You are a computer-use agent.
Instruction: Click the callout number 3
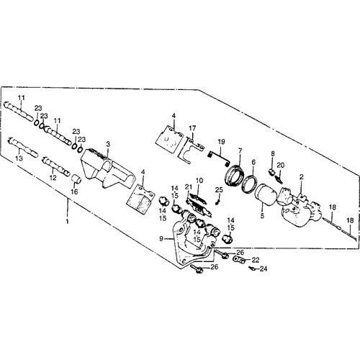pyautogui.click(x=108, y=144)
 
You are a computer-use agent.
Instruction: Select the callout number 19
pyautogui.click(x=221, y=142)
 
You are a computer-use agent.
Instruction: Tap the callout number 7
pyautogui.click(x=240, y=150)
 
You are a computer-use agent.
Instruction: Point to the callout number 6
pyautogui.click(x=253, y=162)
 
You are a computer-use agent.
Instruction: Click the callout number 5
pyautogui.click(x=262, y=216)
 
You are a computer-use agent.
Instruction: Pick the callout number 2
pyautogui.click(x=302, y=177)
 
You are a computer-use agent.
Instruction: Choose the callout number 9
pyautogui.click(x=161, y=238)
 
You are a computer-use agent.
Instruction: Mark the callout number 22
pyautogui.click(x=256, y=260)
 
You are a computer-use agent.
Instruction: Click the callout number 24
pyautogui.click(x=264, y=269)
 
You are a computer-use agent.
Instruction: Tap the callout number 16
pyautogui.click(x=74, y=192)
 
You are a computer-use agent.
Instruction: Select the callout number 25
pyautogui.click(x=219, y=190)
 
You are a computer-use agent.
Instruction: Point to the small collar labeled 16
pyautogui.click(x=77, y=179)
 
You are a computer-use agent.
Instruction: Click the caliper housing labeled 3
pyautogui.click(x=108, y=168)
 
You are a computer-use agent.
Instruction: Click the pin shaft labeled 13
pyautogui.click(x=23, y=147)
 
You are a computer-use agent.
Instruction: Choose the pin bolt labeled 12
pyautogui.click(x=56, y=166)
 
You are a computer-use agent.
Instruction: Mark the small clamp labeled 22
pyautogui.click(x=239, y=260)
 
